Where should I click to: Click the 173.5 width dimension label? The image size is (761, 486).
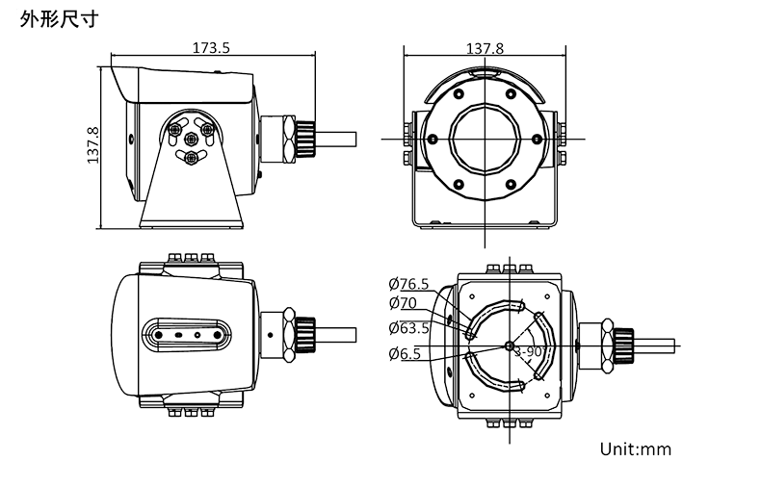pyautogui.click(x=210, y=47)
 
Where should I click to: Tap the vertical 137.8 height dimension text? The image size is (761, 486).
pyautogui.click(x=93, y=145)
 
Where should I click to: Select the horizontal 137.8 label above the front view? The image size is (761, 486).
pyautogui.click(x=485, y=47)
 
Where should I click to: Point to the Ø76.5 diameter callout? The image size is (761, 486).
pyautogui.click(x=408, y=284)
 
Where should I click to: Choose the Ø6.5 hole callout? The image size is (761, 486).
pyautogui.click(x=405, y=354)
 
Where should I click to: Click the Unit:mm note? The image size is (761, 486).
pyautogui.click(x=635, y=448)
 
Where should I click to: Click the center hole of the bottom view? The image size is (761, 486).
pyautogui.click(x=508, y=345)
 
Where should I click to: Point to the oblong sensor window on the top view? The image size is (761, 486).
pyautogui.click(x=187, y=336)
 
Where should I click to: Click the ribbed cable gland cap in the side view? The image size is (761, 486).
pyautogui.click(x=306, y=138)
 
